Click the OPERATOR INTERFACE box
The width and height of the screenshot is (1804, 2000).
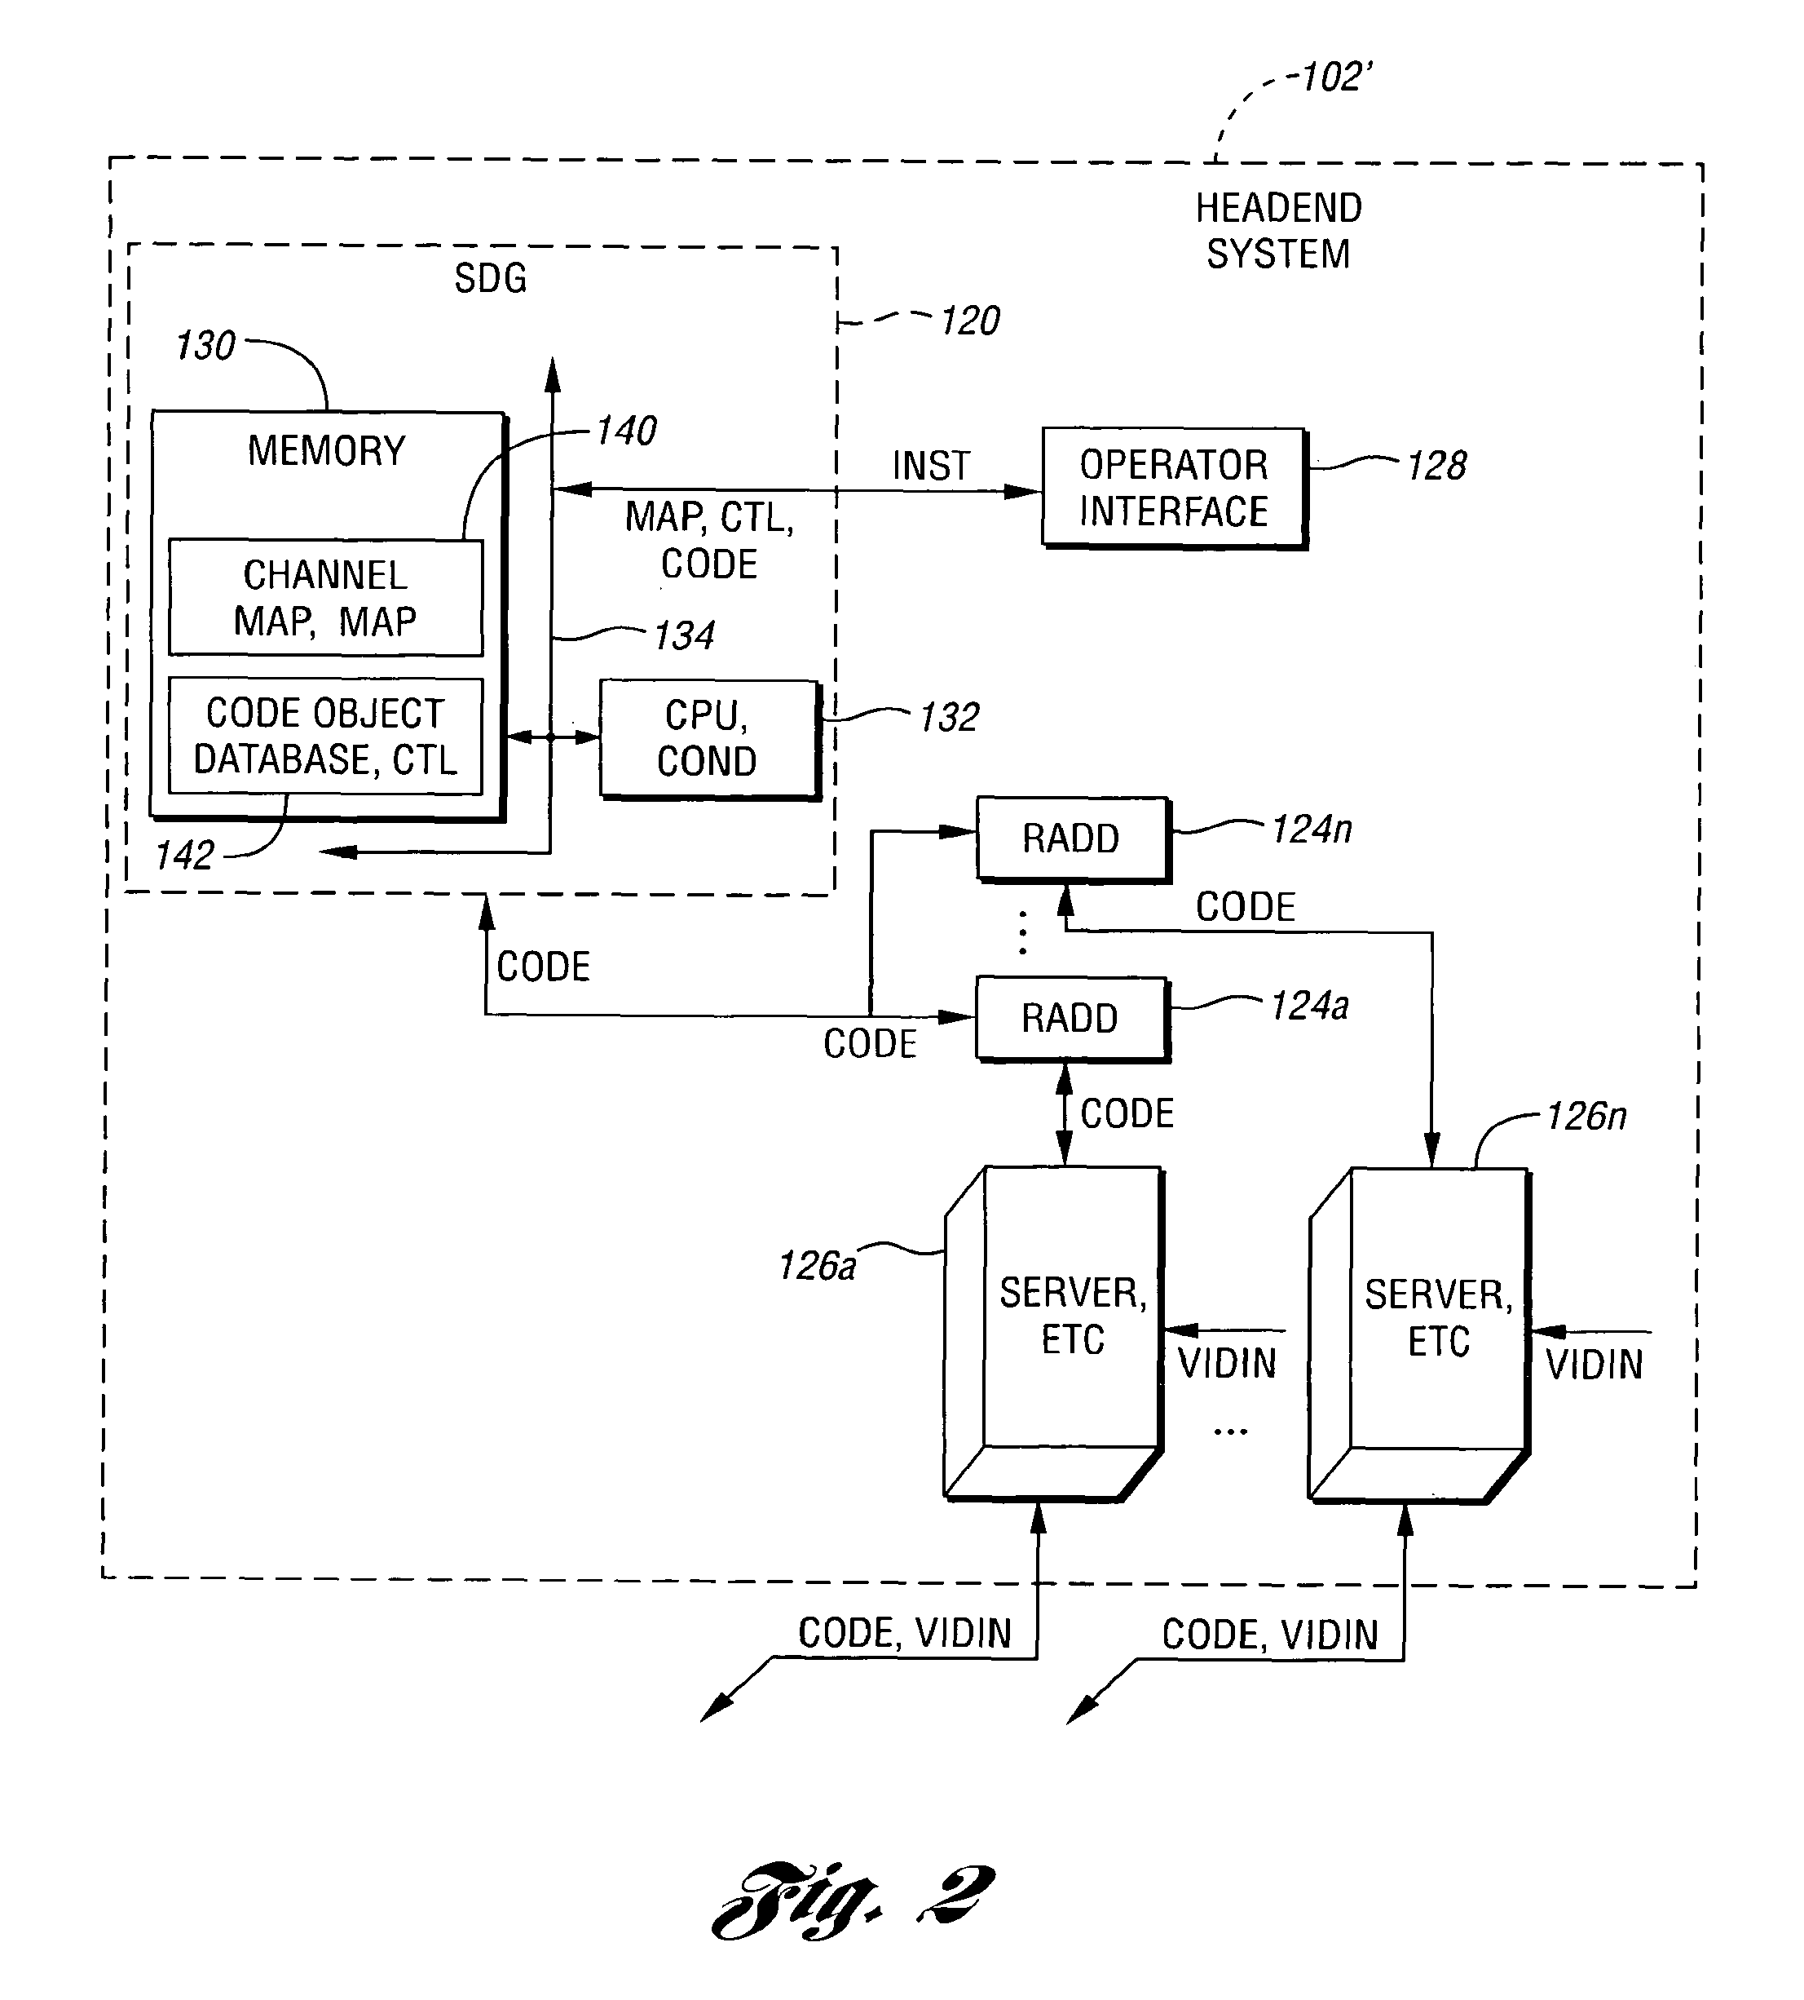1174,487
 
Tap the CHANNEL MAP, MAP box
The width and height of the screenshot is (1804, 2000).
325,597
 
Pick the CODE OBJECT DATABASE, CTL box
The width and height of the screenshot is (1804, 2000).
325,736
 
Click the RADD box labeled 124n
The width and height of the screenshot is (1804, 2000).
1071,838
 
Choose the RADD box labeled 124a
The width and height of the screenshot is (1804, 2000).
1070,1018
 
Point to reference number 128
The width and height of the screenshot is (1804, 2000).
1436,465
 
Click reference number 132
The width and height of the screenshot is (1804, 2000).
949,717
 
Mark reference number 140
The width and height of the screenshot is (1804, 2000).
625,431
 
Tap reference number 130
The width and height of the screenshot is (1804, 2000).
205,346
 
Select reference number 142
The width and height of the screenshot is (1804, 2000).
184,855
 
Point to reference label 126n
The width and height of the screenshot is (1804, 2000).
1585,1117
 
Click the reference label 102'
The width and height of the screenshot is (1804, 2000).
1336,77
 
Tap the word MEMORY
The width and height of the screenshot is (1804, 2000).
326,451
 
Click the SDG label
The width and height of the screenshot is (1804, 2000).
490,279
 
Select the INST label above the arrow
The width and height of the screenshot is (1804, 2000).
931,465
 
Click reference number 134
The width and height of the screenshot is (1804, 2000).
684,635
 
